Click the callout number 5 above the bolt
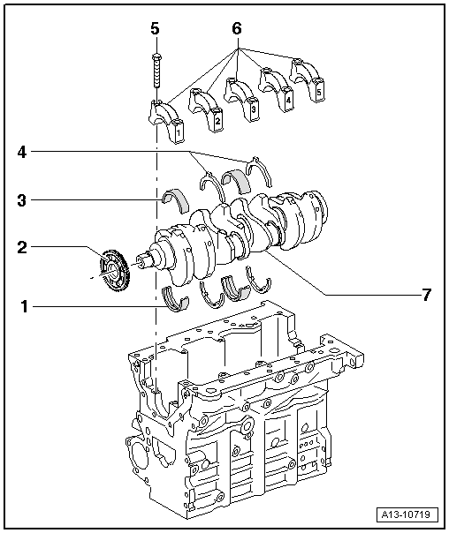tap(155, 28)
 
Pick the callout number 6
tap(236, 28)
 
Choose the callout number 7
tap(427, 294)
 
